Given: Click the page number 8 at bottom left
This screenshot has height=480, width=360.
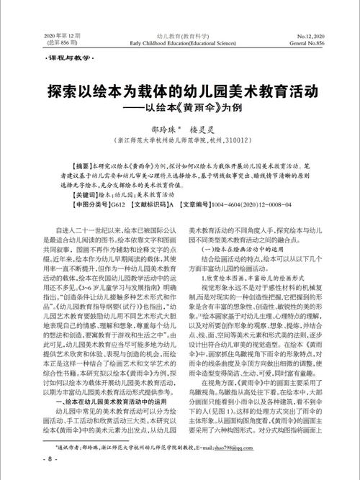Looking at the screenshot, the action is point(30,458).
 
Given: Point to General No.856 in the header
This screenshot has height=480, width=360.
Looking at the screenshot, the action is point(311,42).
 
